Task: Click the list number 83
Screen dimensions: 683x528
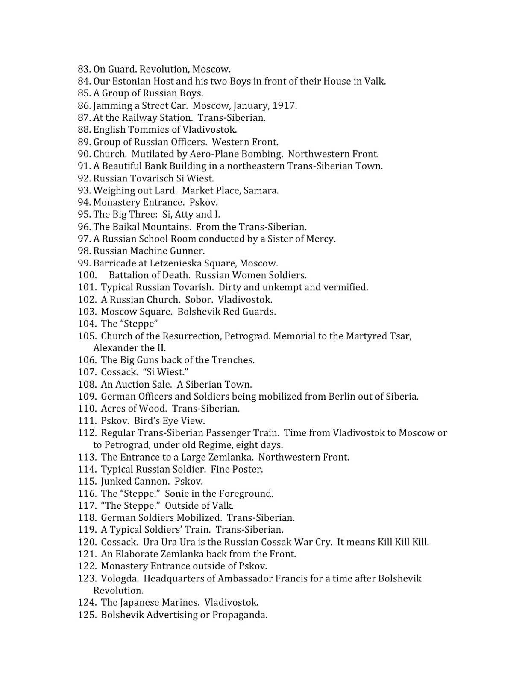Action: (84, 69)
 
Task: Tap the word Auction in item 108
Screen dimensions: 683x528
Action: (132, 384)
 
